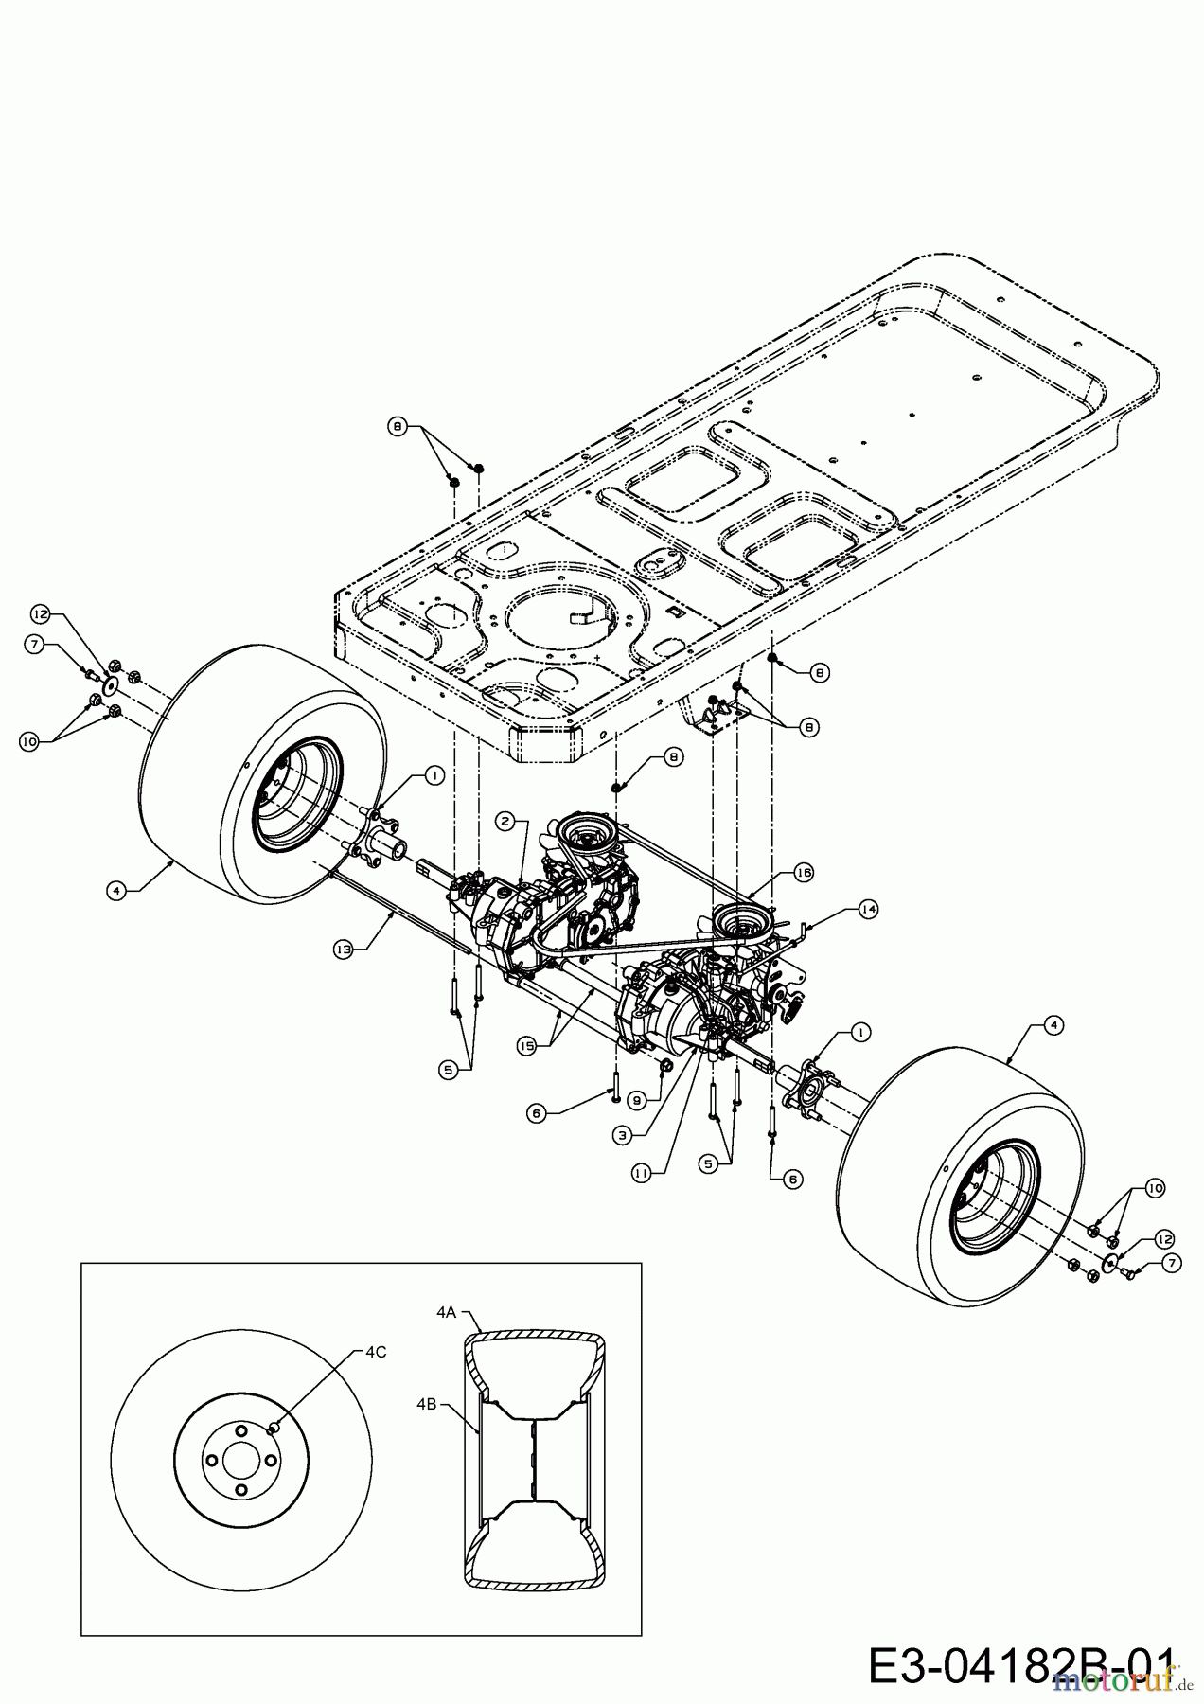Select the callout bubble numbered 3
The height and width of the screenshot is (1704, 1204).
point(622,1134)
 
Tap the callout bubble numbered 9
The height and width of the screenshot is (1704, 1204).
point(637,1100)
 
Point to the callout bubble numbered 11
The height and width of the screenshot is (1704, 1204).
point(642,1172)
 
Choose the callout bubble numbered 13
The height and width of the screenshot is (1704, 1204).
point(344,947)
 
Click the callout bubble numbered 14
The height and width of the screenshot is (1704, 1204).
point(868,909)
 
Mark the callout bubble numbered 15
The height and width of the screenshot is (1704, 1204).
point(526,1045)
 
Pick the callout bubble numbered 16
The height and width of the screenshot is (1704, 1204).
point(804,872)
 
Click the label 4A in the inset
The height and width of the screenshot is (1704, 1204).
point(447,1312)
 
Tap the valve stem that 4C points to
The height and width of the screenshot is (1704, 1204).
point(274,1428)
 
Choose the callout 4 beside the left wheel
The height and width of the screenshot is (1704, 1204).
point(115,891)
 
